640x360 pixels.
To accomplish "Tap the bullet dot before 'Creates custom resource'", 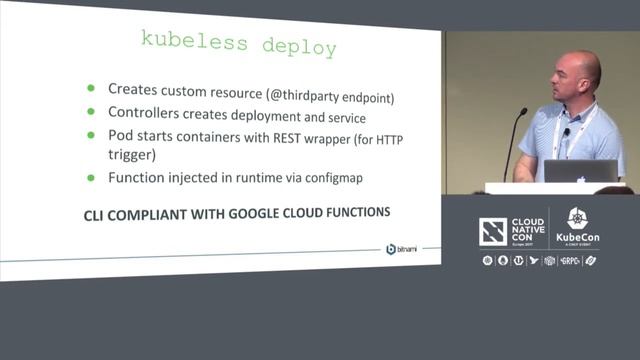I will pyautogui.click(x=92, y=88).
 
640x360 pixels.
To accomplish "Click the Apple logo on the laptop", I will pyautogui.click(x=580, y=171).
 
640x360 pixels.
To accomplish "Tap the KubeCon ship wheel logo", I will pyautogui.click(x=578, y=219).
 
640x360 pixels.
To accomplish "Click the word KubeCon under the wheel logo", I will pyautogui.click(x=578, y=240).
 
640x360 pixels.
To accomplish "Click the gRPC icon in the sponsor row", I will pyautogui.click(x=571, y=261).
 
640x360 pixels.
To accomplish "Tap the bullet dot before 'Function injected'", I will pyautogui.click(x=92, y=177).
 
